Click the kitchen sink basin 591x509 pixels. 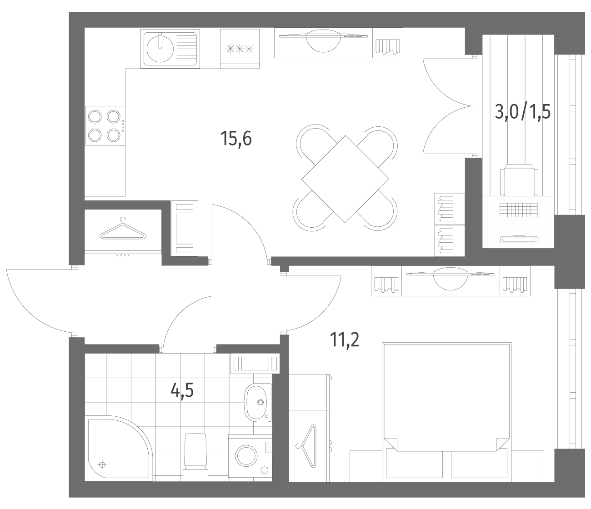(x=160, y=49)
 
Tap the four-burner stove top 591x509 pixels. (x=105, y=126)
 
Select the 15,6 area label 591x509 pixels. (x=236, y=139)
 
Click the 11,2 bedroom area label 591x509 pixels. (x=344, y=339)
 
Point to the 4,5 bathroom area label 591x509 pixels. (x=182, y=390)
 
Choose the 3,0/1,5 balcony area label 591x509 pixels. (x=523, y=112)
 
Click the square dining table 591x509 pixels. (x=345, y=179)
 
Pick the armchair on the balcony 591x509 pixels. (x=519, y=180)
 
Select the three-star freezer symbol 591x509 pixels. (x=240, y=49)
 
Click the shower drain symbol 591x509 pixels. (x=102, y=465)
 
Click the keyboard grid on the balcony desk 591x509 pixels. (x=518, y=210)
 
